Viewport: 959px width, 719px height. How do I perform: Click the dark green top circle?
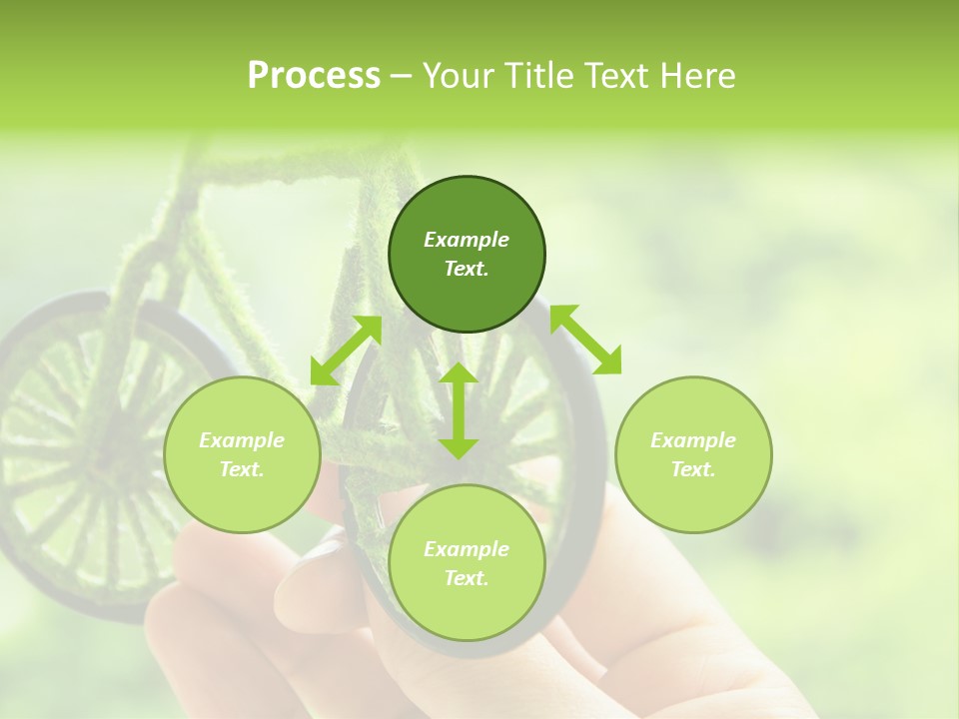(x=467, y=255)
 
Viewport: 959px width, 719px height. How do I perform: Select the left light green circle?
(x=242, y=454)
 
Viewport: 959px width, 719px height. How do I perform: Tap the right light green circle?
(x=693, y=454)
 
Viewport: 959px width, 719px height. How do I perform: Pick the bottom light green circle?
(x=467, y=563)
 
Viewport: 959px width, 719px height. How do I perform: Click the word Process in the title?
(x=314, y=76)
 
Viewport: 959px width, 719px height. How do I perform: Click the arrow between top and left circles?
(x=346, y=351)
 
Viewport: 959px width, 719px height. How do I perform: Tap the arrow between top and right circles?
(x=585, y=340)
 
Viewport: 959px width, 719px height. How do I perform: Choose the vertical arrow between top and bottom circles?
(x=459, y=410)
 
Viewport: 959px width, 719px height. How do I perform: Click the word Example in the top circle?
(x=467, y=240)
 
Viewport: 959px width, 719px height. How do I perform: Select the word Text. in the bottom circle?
(x=467, y=578)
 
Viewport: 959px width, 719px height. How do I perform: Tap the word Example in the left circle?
(x=242, y=440)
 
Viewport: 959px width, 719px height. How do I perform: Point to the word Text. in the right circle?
(x=693, y=469)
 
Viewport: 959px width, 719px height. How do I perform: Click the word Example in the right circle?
(x=693, y=440)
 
